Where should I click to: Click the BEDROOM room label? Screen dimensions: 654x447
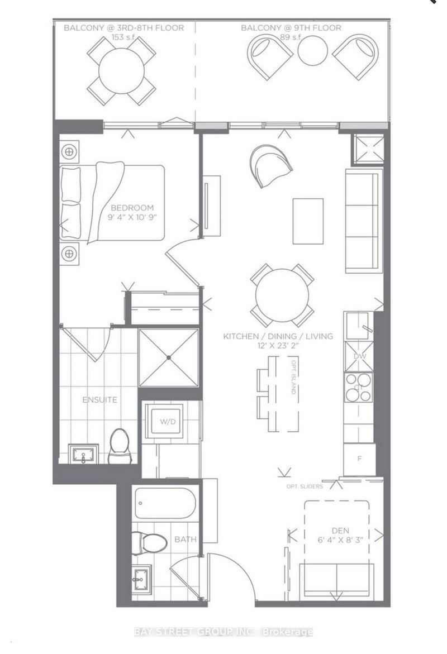(132, 207)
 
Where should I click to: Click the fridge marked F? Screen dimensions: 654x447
(359, 458)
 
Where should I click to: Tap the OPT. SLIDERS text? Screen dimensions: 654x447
(302, 486)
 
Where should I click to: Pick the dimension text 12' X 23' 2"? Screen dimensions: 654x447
(278, 346)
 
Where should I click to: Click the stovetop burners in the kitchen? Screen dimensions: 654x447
(358, 388)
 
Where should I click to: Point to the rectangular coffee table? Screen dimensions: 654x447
(308, 221)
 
